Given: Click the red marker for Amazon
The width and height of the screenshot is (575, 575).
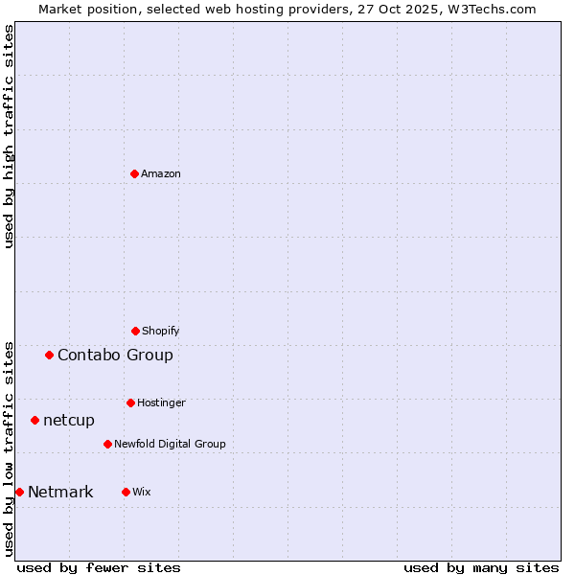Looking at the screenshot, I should click(x=134, y=173).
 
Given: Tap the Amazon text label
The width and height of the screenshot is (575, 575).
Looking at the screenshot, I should click(x=161, y=173).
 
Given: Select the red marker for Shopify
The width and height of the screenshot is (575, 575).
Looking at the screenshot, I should click(x=135, y=331).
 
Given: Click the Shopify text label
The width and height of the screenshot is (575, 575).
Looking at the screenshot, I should click(x=161, y=331).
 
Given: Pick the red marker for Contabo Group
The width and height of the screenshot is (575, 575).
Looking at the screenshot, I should click(x=49, y=355).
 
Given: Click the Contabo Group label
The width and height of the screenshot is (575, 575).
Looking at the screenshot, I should click(x=115, y=355).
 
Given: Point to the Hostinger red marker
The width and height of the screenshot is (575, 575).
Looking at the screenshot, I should click(x=130, y=402).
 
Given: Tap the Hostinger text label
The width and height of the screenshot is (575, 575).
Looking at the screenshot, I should click(x=161, y=402).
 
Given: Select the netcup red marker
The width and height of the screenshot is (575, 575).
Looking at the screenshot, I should click(x=34, y=420).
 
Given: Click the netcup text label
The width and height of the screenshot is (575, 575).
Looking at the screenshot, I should click(x=69, y=420).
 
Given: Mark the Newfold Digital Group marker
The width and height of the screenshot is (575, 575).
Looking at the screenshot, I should click(x=107, y=444).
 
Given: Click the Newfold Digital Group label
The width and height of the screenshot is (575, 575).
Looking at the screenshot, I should click(x=170, y=444).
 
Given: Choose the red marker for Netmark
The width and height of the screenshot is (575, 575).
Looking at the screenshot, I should click(x=19, y=492).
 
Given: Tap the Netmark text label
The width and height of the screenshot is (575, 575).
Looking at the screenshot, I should click(x=60, y=492).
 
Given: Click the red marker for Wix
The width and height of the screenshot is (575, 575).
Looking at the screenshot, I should click(x=126, y=492).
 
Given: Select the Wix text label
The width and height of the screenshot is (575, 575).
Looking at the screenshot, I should click(x=142, y=492).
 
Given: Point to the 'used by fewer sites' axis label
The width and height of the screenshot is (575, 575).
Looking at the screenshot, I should click(x=99, y=567).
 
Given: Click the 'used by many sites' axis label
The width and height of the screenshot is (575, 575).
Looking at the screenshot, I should click(x=481, y=567).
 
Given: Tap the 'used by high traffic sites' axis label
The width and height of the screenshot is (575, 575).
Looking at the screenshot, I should click(x=9, y=136).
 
